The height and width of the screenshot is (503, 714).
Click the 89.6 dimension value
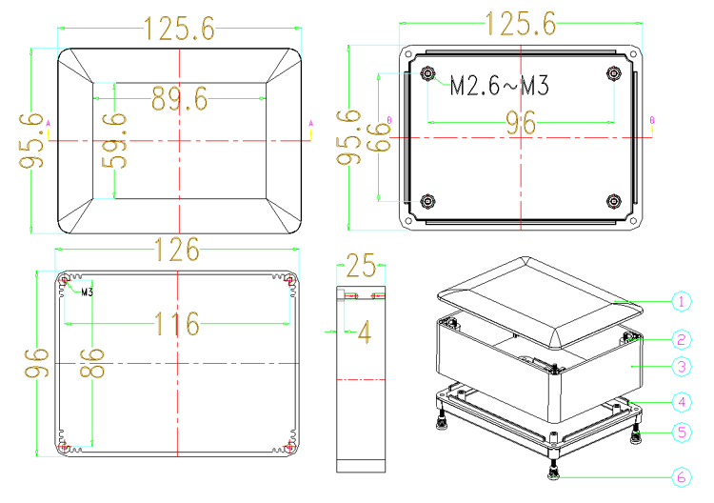[179, 99]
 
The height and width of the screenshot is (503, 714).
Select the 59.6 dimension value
[114, 141]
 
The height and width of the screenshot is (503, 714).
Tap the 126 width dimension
[177, 250]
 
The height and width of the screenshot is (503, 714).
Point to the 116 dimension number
[177, 324]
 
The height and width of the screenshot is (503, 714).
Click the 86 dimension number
[92, 363]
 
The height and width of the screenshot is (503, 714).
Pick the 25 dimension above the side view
[361, 266]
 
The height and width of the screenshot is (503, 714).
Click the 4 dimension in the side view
[365, 332]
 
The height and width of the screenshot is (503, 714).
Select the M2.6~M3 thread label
[500, 85]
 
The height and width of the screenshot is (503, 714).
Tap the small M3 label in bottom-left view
[87, 292]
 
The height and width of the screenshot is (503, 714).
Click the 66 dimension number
[384, 137]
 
